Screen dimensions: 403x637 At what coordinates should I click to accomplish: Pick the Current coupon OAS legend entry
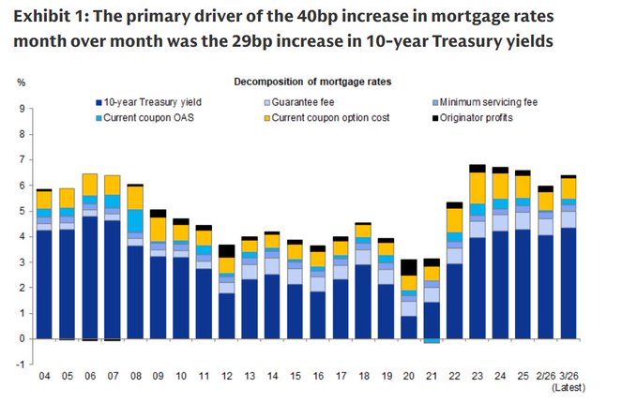click(144, 116)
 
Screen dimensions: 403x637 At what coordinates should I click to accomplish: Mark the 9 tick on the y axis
click(22, 109)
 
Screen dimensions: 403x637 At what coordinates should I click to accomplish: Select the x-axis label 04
click(43, 376)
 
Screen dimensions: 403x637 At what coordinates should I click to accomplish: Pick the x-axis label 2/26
click(546, 376)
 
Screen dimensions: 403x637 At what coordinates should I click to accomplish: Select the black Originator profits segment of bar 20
click(408, 267)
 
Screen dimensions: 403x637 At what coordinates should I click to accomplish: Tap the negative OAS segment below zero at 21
click(432, 341)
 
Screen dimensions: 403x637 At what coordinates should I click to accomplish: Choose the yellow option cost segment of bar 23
click(478, 187)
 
